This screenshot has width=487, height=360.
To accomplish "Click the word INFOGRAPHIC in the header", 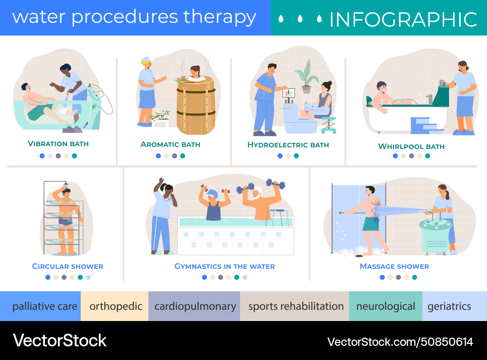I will coord(403,19).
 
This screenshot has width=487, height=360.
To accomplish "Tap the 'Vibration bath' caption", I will coord(58,144).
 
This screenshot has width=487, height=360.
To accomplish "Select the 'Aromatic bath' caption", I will coord(170,144).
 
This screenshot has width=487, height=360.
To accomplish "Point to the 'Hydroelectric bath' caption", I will coord(288,145).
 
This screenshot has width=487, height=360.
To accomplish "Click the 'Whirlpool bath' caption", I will coord(411,146).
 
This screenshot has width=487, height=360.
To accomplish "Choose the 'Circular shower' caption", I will coord(67,266).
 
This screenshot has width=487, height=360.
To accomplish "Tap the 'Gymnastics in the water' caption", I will coord(225,266).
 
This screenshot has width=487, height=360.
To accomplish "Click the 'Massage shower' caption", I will coord(394,266).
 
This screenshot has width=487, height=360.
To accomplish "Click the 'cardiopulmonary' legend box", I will coord(194,306).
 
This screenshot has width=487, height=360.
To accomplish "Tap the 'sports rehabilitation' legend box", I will coord(295,306).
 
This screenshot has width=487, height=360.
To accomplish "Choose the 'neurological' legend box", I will coord(385,306).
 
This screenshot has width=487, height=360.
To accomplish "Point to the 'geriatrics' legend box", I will coord(453,306).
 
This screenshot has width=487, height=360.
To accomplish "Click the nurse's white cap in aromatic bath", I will coord(146,60).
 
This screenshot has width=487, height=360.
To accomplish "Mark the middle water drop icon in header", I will coord(300,19).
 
